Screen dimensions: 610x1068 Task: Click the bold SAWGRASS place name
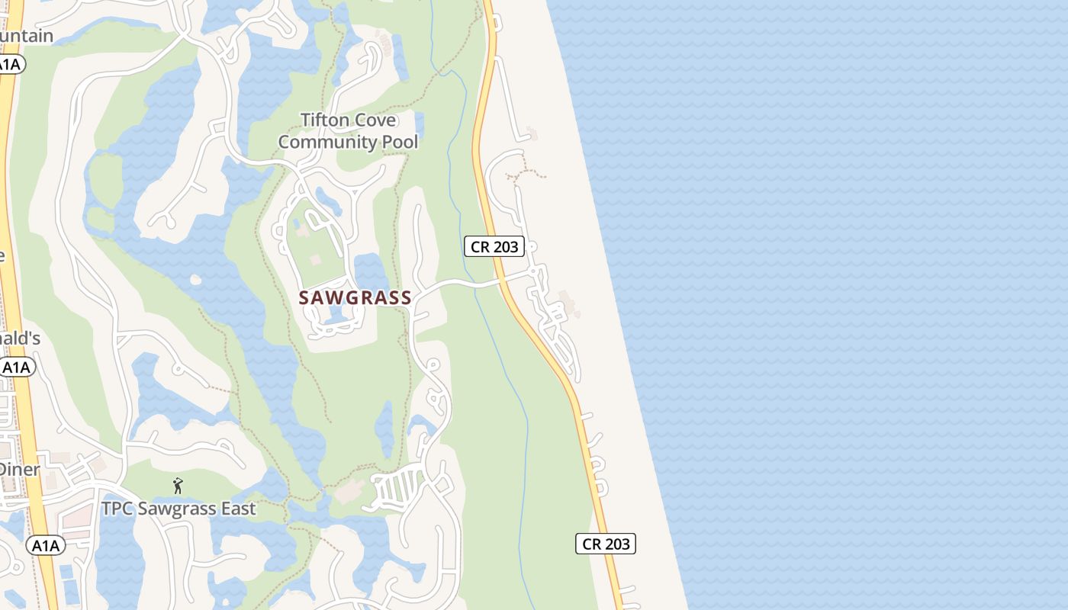pos(355,298)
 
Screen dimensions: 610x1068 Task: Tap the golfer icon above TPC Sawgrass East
pos(178,486)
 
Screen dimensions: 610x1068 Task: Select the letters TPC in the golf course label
pos(119,509)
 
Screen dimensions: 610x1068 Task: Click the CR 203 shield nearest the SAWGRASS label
pos(494,246)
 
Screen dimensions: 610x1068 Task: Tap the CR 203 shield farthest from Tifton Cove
pos(606,544)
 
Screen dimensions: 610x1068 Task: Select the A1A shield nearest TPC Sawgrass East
pos(45,545)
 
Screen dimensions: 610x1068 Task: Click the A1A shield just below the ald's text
pos(17,368)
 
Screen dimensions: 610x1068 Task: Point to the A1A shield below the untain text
pos(10,65)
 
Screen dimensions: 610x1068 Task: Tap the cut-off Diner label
pos(19,469)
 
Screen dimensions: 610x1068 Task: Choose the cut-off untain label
pos(27,36)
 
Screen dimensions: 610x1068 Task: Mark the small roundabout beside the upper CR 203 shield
pos(532,246)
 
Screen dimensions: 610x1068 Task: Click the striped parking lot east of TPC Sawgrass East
pos(396,485)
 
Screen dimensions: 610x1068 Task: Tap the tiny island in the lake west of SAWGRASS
pos(196,280)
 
